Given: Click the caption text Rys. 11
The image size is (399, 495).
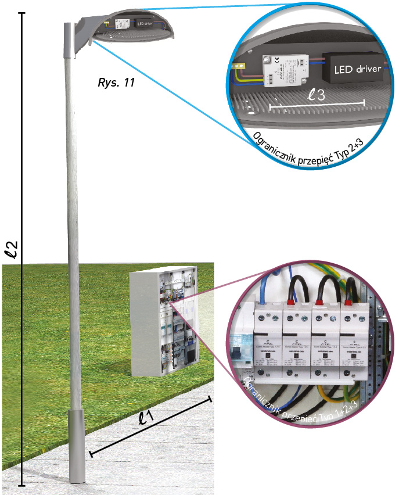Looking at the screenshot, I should tap(117, 82).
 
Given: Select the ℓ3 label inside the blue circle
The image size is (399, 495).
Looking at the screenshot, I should tap(317, 95).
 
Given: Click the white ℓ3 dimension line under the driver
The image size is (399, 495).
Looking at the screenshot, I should tap(317, 105).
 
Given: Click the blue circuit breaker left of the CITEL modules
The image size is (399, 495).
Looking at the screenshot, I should tap(239, 351).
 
